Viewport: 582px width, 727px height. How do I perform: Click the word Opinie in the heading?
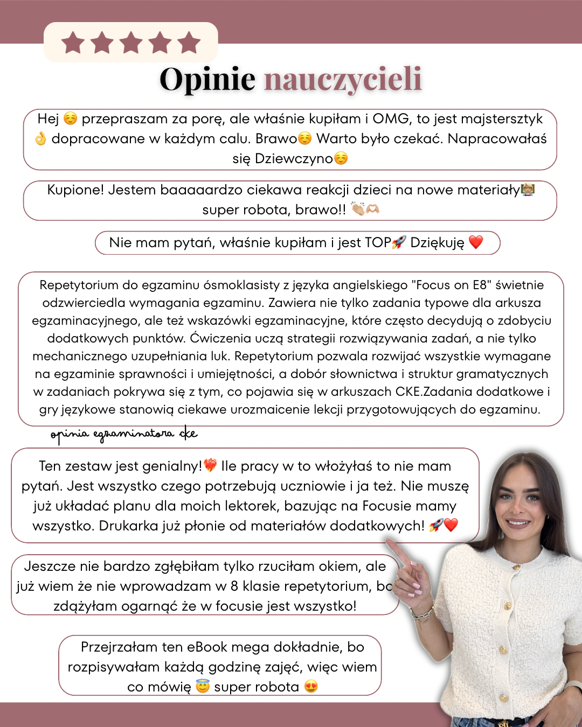tap(207, 79)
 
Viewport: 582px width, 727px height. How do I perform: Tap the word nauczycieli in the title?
tap(343, 79)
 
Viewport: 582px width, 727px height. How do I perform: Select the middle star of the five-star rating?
tap(131, 43)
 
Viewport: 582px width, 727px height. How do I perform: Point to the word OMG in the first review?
tap(391, 118)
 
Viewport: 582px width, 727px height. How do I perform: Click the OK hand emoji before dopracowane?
tap(40, 139)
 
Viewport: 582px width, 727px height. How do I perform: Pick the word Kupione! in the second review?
tap(75, 190)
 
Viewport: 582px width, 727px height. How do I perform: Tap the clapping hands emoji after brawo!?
tap(358, 209)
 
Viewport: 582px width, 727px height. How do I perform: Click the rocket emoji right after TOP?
tap(399, 242)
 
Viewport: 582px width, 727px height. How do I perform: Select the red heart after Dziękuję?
tap(476, 242)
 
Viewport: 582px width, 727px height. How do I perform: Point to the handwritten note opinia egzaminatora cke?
tap(124, 434)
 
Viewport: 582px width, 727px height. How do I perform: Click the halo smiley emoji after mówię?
tap(203, 687)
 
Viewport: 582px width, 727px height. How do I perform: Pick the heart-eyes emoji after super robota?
tap(311, 687)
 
